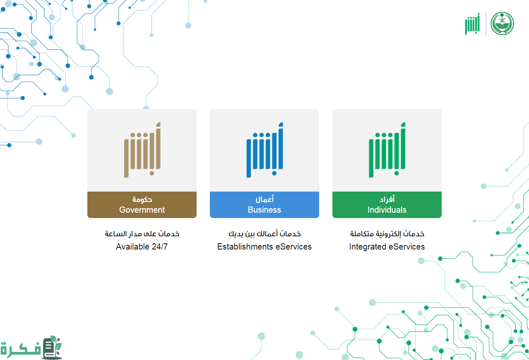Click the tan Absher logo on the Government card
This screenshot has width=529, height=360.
[142, 150]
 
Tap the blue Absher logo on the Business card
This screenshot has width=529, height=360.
[264, 150]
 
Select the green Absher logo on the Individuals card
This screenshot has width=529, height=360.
[387, 150]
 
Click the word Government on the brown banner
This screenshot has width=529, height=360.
[142, 210]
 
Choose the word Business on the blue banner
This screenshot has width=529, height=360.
[264, 210]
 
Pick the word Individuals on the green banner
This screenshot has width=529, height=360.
[387, 210]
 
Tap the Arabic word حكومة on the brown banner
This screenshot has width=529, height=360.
[142, 199]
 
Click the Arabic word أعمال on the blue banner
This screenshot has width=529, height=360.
[264, 199]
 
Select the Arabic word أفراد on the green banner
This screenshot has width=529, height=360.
[387, 199]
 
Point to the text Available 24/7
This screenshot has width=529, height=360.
[142, 247]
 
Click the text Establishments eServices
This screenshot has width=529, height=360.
[264, 247]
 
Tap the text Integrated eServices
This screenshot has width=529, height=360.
[387, 247]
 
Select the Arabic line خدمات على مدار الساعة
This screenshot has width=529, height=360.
[142, 234]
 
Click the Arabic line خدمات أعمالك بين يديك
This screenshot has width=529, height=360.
[264, 234]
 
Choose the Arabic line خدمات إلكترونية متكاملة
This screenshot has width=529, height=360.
[387, 234]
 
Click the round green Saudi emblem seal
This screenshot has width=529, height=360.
[502, 24]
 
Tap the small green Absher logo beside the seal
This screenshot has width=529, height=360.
[472, 24]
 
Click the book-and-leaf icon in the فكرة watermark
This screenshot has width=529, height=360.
[52, 347]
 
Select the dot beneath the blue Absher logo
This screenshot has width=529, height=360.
[274, 173]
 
